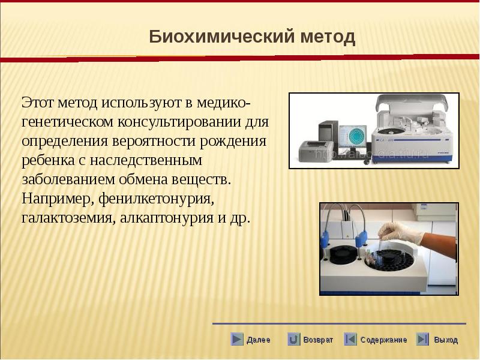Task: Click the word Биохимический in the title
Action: pos(222,37)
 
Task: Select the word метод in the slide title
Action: pos(328,37)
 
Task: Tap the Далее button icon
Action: pos(237,339)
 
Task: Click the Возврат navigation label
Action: pos(318,340)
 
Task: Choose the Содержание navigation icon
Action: pos(350,339)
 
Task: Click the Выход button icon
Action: pos(422,339)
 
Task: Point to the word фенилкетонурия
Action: pos(156,199)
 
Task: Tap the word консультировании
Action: pos(179,122)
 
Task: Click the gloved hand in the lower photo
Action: pos(400,233)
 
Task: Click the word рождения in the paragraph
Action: pos(233,142)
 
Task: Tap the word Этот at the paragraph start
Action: pos(37,103)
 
